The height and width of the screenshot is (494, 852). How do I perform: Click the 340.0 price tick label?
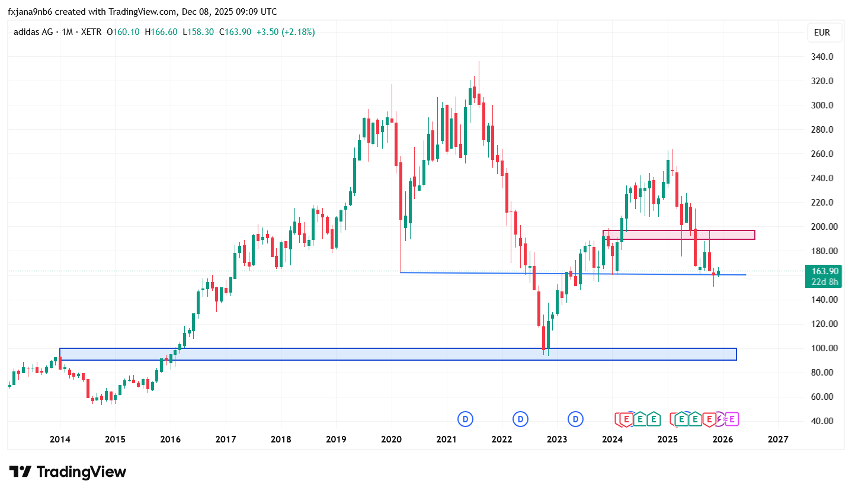point(822,57)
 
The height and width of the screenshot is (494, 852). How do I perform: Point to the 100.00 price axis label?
point(822,348)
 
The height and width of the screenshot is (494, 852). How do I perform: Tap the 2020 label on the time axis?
point(391,440)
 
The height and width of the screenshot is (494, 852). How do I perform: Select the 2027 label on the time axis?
point(778,440)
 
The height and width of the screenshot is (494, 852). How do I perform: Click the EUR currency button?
point(822,33)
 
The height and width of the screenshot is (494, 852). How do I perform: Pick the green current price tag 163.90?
point(824,271)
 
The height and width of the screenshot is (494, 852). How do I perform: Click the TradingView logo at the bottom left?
point(68,472)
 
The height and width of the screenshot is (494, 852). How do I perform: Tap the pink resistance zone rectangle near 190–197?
point(679,235)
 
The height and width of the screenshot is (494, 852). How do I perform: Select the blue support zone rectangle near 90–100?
point(398,354)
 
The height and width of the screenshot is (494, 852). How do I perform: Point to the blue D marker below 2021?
point(466,419)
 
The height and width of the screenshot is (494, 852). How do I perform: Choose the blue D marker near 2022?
point(521,419)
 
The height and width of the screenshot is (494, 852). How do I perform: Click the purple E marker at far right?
point(732,419)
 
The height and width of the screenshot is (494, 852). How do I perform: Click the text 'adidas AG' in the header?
point(33,32)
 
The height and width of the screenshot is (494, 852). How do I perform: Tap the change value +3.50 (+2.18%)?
point(285,32)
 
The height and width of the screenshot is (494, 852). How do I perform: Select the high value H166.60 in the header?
point(161,32)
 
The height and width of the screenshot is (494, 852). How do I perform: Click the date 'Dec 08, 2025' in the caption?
point(215,12)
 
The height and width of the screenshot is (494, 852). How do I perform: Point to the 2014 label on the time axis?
point(60,440)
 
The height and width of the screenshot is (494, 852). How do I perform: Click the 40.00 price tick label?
point(822,421)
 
